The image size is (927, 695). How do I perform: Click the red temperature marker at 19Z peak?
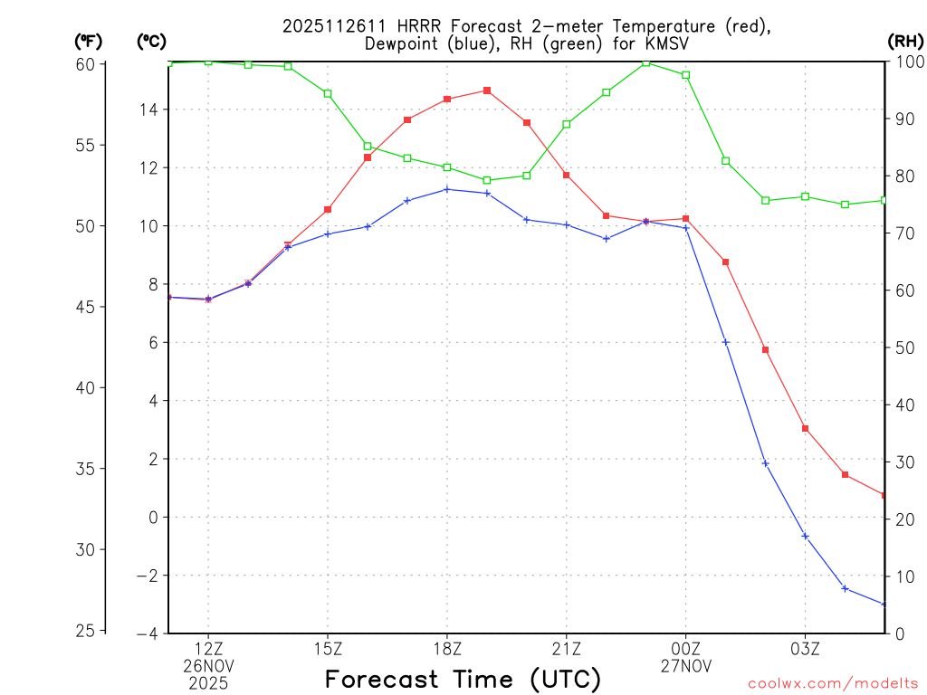click(487, 90)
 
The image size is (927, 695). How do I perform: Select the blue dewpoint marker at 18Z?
click(447, 189)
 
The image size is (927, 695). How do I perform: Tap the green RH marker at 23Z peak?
click(646, 62)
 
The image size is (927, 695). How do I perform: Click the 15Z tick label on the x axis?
click(328, 648)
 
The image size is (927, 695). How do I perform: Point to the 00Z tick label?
click(685, 648)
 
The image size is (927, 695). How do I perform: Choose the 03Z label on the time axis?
click(805, 648)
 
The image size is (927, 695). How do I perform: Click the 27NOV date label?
click(685, 665)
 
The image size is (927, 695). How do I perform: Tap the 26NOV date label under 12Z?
click(208, 665)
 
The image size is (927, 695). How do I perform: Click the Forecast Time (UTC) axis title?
click(463, 679)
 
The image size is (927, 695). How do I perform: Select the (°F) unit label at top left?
click(89, 41)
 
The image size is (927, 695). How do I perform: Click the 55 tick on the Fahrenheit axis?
click(87, 145)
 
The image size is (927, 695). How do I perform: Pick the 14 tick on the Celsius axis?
click(148, 109)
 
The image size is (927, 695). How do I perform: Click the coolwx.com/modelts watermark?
click(833, 683)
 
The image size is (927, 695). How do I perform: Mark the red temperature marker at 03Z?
click(805, 428)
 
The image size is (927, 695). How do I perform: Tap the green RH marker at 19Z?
click(487, 180)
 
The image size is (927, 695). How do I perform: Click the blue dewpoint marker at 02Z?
click(765, 463)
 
